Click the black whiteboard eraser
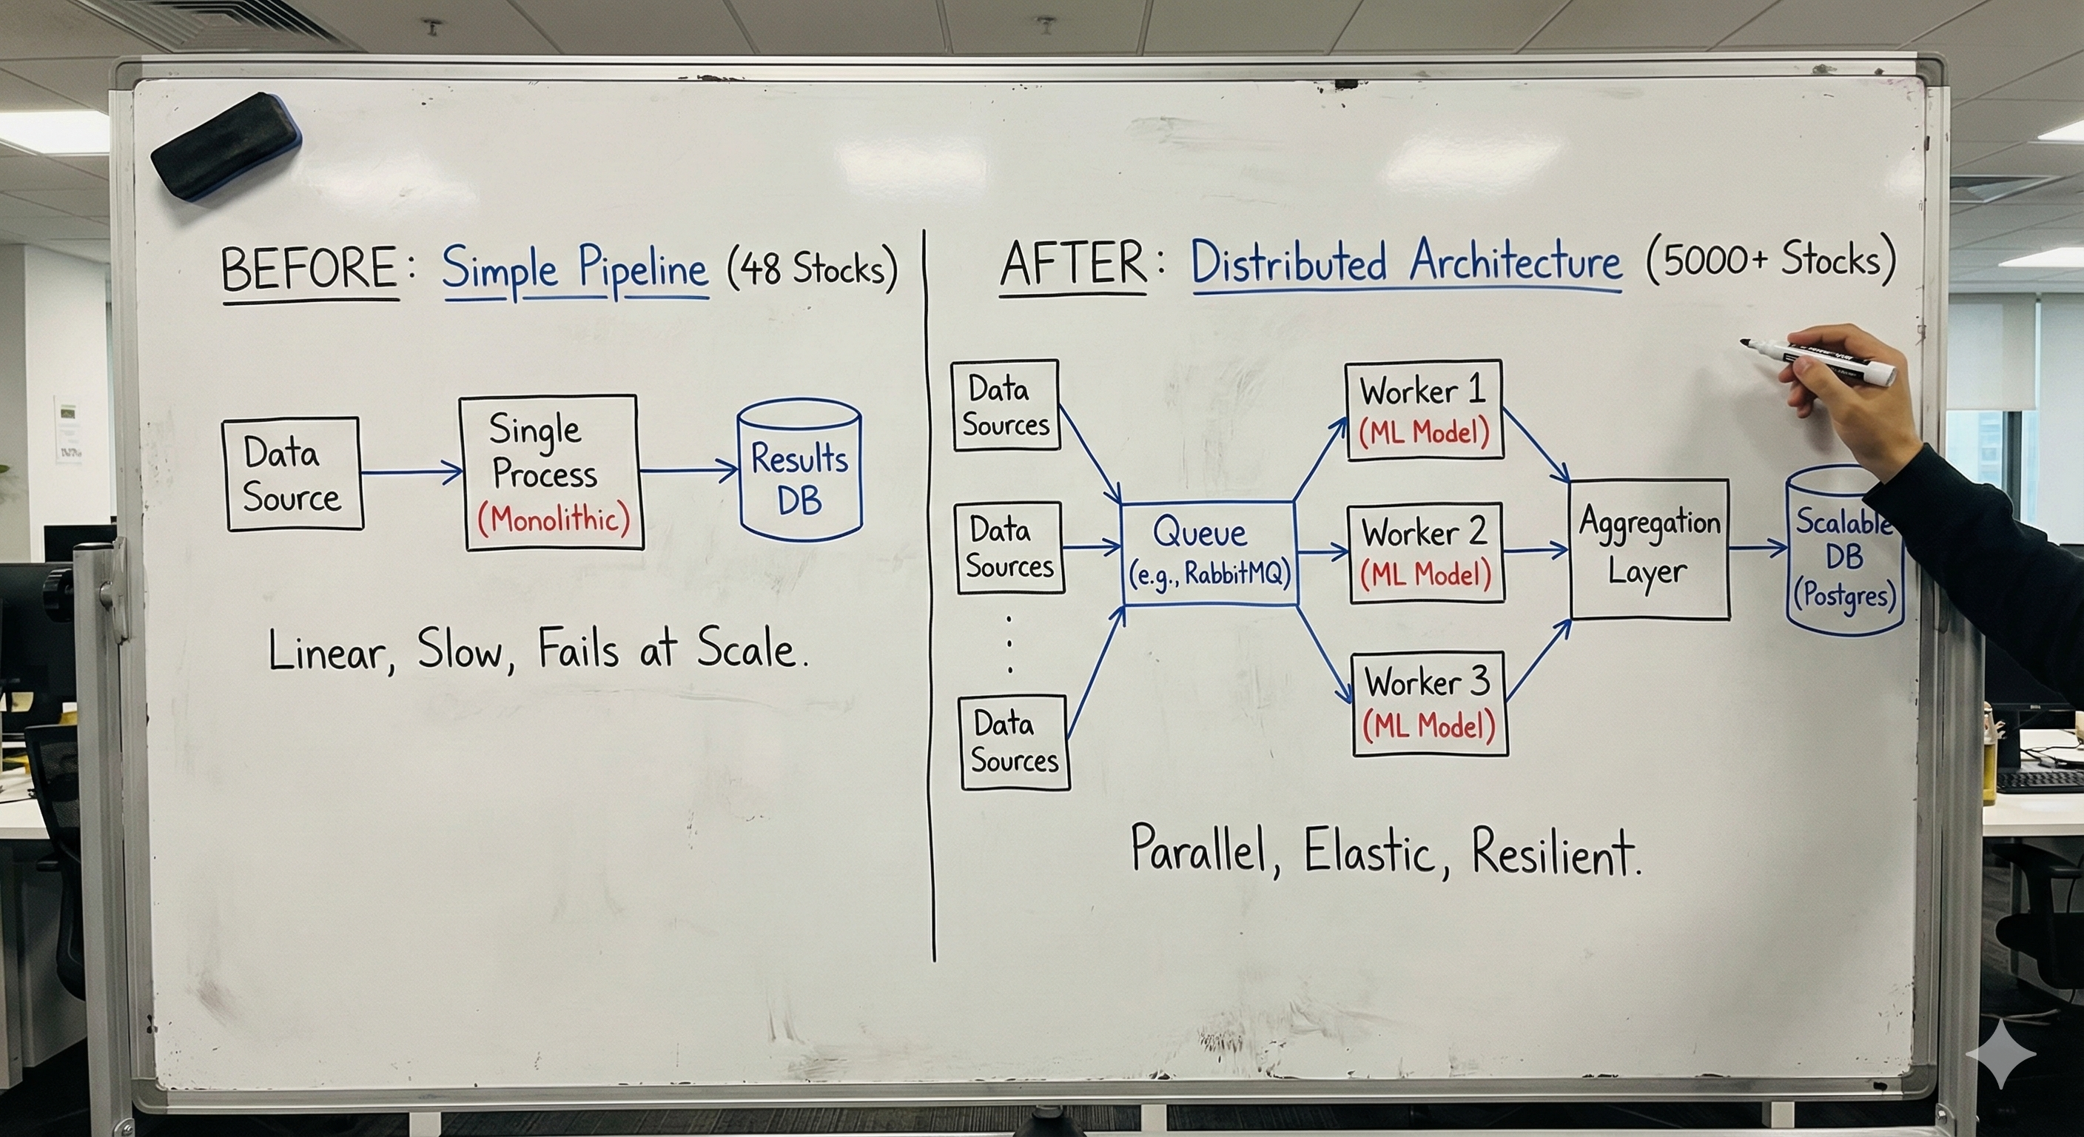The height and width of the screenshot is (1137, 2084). coord(226,147)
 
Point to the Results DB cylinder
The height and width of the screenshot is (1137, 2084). coord(799,470)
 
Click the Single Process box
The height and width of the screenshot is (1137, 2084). coord(550,472)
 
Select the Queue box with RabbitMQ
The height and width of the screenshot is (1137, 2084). coord(1209,553)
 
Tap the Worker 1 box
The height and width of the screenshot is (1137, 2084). coord(1424,410)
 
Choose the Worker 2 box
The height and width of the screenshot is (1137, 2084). coord(1426,553)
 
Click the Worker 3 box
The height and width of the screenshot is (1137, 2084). coord(1430,703)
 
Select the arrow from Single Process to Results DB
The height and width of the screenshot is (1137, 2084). coord(688,469)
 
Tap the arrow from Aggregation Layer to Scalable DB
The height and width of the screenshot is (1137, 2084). coord(1757,548)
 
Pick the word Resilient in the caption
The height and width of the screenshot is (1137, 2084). coord(1553,852)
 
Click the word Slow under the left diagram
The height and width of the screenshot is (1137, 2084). coord(460,650)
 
